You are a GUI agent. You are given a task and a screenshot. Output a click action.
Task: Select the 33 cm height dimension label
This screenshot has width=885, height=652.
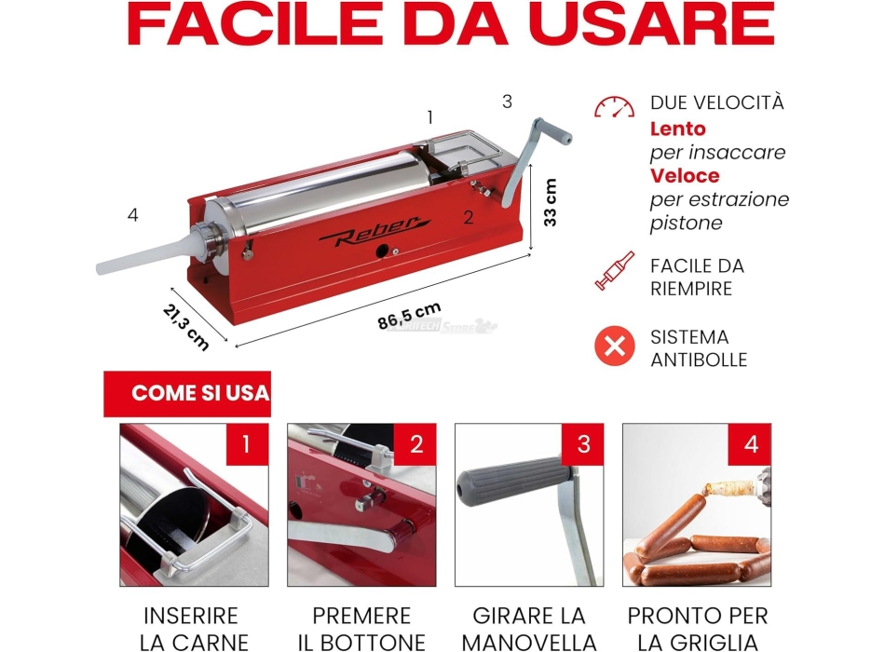pos(551,202)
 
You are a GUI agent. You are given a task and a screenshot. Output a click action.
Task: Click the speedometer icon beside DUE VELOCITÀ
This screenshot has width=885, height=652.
pos(614,107)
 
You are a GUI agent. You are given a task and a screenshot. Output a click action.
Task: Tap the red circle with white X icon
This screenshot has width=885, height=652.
pos(614,347)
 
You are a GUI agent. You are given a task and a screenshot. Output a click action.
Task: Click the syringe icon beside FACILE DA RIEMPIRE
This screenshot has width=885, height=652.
pos(614,272)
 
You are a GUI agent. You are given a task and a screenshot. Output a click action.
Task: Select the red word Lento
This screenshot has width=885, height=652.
pos(677,129)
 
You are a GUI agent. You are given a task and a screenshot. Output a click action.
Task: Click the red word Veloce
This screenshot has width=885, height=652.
pos(685,175)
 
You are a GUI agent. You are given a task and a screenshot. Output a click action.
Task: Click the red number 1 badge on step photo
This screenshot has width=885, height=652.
pos(246,444)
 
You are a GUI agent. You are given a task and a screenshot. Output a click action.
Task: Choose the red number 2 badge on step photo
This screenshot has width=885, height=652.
pos(416,444)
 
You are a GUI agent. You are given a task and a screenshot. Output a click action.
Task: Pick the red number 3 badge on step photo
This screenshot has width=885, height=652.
pos(583,444)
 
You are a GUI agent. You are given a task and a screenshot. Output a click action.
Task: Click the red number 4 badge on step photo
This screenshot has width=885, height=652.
pos(751,444)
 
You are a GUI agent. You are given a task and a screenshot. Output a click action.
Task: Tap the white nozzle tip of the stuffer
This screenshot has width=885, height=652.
pos(104,268)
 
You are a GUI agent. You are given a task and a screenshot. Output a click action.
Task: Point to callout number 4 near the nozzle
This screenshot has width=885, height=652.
pos(133,215)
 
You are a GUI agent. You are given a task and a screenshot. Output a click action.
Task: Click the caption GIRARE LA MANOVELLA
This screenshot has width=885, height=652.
pos(529,629)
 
